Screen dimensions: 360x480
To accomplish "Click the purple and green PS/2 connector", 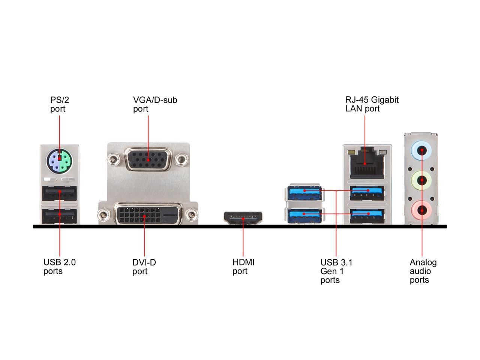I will [x=59, y=161].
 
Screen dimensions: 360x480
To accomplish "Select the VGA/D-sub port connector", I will [x=148, y=159].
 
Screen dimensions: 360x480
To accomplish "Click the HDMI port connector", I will [x=243, y=218].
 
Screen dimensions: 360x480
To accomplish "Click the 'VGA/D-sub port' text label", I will [x=155, y=104].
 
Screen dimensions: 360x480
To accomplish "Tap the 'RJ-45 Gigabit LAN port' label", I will [x=372, y=104].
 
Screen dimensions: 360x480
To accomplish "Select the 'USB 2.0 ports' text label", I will [x=59, y=267].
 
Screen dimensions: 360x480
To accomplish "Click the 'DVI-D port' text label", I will [x=144, y=267].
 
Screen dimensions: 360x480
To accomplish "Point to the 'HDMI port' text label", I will [x=243, y=267].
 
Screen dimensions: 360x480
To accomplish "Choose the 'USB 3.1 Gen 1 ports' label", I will [x=336, y=271].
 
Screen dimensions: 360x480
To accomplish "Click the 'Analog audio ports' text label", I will [x=423, y=271].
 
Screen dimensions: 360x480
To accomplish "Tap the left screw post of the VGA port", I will [x=113, y=160].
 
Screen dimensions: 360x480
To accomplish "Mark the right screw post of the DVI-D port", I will [x=192, y=215].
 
